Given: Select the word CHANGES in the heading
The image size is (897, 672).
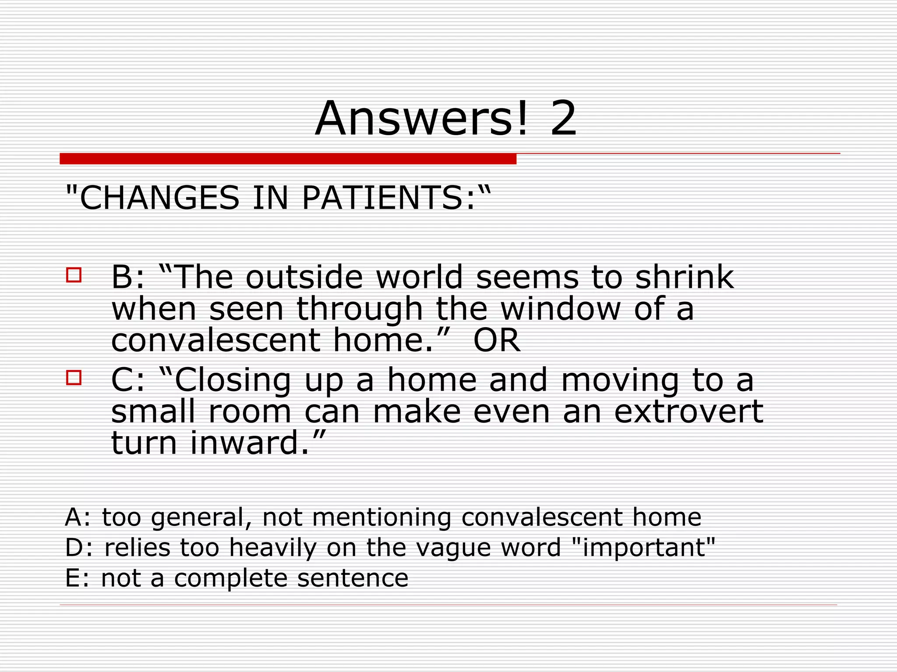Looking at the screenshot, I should tap(160, 198).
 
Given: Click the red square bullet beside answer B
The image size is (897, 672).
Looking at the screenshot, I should tap(74, 275).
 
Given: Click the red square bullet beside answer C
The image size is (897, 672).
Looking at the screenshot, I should tap(74, 378).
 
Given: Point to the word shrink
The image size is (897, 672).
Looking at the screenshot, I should tap(684, 277).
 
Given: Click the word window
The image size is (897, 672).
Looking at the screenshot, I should tap(561, 309).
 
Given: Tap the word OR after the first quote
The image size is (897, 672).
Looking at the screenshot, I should tap(497, 340).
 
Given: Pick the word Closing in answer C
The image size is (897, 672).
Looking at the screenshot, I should tap(233, 380).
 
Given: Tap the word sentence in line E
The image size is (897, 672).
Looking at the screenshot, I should tap(353, 578).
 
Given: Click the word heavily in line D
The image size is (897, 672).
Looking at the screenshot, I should tap(272, 548).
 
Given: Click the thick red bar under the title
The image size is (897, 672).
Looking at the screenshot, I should tap(288, 159).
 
